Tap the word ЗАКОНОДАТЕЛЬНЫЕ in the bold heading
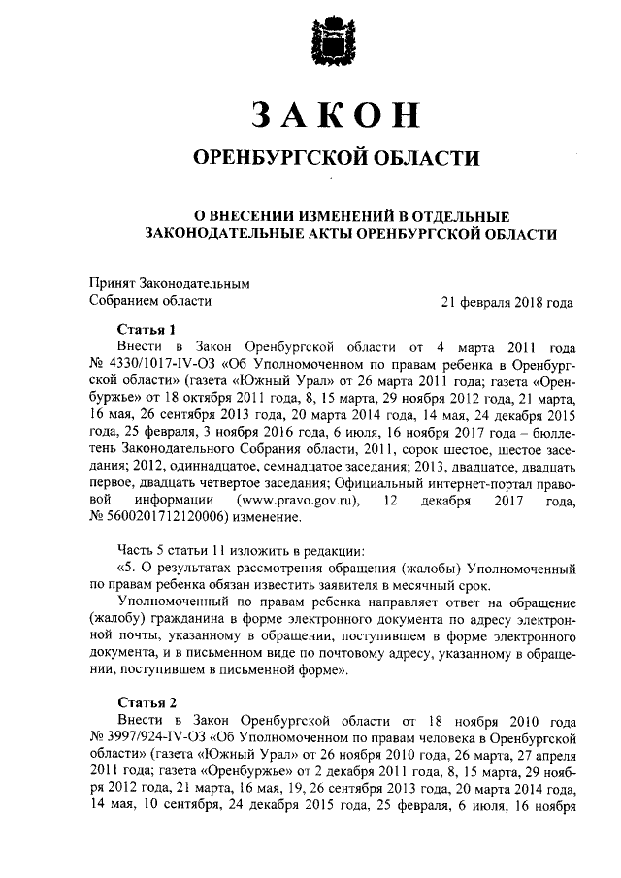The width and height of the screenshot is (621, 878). pyautogui.click(x=232, y=233)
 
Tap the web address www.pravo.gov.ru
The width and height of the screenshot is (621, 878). pyautogui.click(x=305, y=500)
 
